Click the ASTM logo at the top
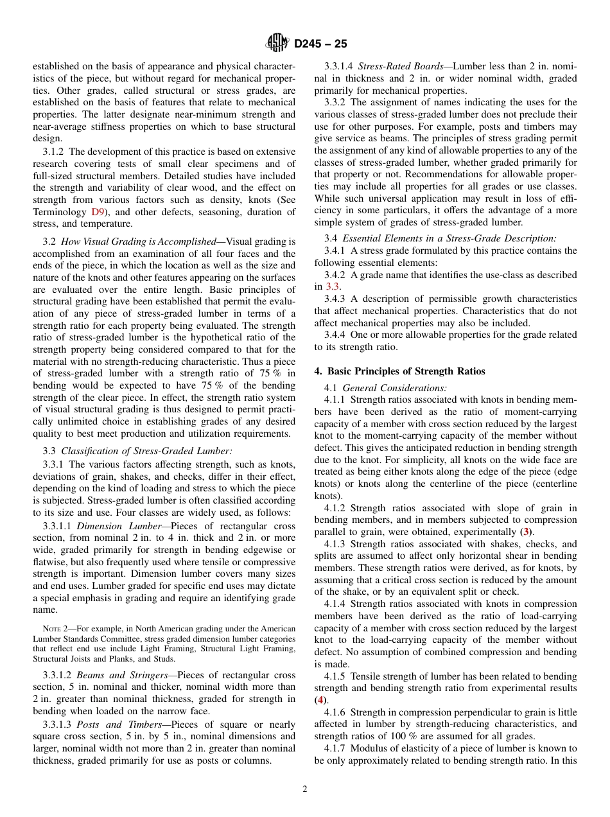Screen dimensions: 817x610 [x=277, y=44]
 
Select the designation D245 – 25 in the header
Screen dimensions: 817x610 [x=320, y=44]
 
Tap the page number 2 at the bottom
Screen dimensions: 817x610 [x=305, y=789]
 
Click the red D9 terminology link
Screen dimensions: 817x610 [x=98, y=211]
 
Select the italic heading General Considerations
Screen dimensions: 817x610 [x=394, y=387]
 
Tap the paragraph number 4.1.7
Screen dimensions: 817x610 [x=337, y=748]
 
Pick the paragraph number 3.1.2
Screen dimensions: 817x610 [x=55, y=152]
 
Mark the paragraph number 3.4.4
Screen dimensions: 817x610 [x=337, y=335]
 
